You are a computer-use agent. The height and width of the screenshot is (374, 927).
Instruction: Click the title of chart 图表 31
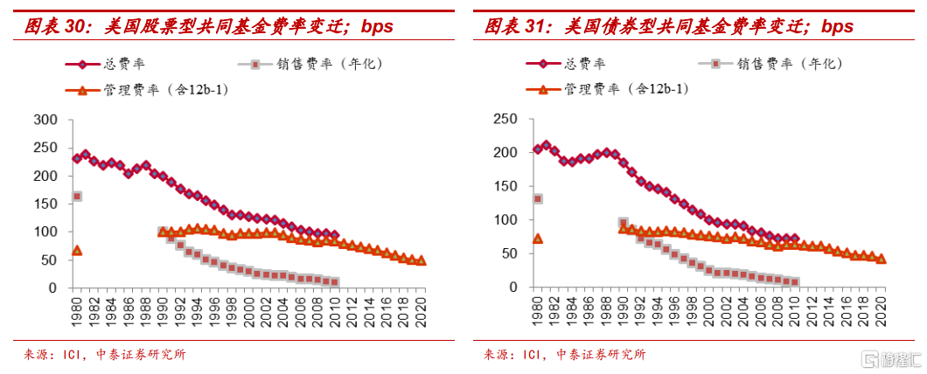click(669, 27)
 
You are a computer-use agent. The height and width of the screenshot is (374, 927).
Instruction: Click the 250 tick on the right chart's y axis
click(505, 120)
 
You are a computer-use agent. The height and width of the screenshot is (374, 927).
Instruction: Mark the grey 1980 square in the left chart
click(77, 197)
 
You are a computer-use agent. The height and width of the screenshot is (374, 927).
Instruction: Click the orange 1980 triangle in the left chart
click(77, 251)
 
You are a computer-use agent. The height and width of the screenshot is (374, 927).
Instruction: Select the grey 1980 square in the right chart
click(538, 199)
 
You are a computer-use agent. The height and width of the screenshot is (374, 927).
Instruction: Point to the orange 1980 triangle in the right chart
click(538, 239)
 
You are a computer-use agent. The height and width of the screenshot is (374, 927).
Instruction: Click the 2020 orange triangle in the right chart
click(881, 259)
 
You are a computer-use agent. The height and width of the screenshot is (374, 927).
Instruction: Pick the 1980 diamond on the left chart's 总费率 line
click(77, 158)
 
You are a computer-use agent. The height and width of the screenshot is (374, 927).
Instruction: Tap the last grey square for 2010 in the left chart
click(335, 282)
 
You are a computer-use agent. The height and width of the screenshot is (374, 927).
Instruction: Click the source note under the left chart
click(104, 355)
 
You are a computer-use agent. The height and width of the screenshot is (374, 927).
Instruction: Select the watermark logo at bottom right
click(888, 359)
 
